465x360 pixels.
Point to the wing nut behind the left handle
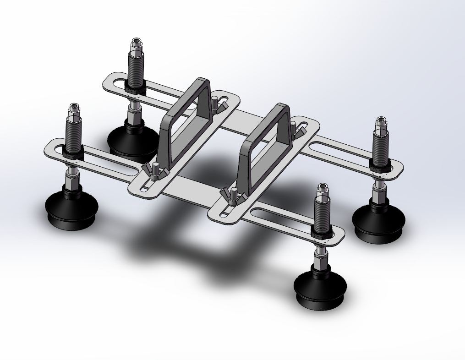[x=215, y=105]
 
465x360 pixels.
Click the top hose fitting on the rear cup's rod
[x=136, y=45]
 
